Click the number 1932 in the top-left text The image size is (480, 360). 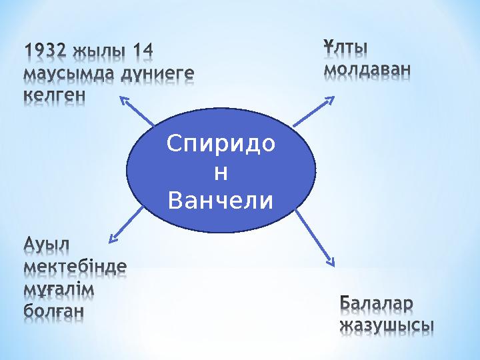(x=47, y=51)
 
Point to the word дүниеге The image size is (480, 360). (x=157, y=73)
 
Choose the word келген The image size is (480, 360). (x=54, y=94)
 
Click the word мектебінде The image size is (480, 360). (x=75, y=267)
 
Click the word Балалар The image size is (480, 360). (x=377, y=303)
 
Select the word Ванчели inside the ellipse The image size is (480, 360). (x=221, y=199)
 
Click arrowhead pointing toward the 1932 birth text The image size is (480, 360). (x=124, y=100)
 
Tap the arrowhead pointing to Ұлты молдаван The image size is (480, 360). (x=330, y=99)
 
